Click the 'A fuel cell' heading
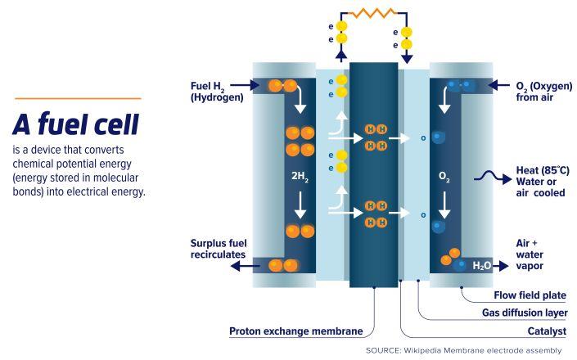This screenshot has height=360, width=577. click(75, 124)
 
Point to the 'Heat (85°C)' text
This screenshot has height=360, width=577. click(543, 170)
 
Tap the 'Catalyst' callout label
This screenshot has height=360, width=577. click(544, 331)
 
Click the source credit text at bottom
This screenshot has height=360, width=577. click(465, 351)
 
